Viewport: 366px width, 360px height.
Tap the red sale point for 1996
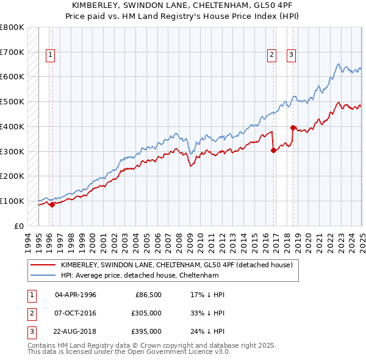point(52,204)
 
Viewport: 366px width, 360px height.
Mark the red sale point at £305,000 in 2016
point(273,151)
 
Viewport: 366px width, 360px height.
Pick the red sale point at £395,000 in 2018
point(293,128)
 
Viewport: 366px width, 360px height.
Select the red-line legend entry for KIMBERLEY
point(177,265)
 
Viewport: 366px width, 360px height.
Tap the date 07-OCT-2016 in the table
point(76,313)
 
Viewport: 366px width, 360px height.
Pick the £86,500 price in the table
point(147,295)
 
